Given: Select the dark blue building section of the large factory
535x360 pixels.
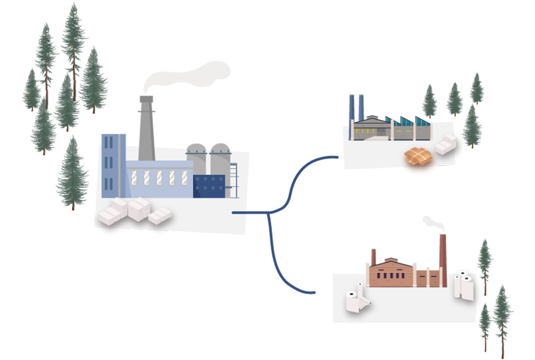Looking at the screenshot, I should pyautogui.click(x=209, y=186).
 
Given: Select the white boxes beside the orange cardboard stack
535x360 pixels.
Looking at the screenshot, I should pyautogui.click(x=445, y=144).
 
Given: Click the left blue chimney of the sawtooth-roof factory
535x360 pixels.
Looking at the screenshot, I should pyautogui.click(x=351, y=117).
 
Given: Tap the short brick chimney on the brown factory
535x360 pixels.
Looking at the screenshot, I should pyautogui.click(x=373, y=257).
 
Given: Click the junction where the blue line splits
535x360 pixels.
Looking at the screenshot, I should pyautogui.click(x=267, y=213).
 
